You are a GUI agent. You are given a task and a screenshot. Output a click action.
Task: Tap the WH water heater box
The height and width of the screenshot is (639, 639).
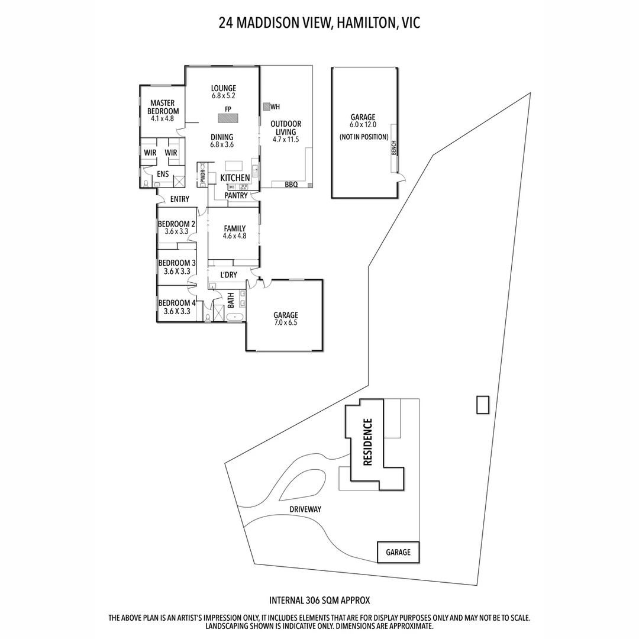267,107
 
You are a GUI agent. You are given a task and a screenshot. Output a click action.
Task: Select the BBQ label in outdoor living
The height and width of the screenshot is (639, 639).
291,185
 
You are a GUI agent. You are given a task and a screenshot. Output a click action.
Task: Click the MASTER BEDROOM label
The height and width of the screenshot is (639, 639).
163,107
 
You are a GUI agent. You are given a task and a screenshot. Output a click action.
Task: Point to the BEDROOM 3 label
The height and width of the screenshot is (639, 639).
177,263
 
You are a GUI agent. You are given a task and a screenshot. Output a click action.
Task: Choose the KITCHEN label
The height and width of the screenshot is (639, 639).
235,177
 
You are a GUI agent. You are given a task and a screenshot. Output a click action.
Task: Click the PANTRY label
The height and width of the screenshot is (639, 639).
235,195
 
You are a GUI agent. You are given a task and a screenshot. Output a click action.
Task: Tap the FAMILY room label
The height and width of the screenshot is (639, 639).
234,228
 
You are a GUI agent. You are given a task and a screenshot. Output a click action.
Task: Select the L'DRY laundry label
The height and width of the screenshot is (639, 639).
228,275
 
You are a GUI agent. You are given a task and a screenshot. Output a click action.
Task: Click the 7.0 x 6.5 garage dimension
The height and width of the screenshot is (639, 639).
285,323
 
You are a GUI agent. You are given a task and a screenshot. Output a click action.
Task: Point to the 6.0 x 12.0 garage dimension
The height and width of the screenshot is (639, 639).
363,125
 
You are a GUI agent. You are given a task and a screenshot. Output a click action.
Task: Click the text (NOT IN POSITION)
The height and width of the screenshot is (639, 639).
364,137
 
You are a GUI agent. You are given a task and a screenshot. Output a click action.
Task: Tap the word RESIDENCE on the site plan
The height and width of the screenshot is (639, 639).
367,443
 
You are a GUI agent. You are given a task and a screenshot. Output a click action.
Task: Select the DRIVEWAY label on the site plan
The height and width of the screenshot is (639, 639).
305,509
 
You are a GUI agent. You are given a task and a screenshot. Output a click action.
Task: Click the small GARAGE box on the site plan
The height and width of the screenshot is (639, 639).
398,552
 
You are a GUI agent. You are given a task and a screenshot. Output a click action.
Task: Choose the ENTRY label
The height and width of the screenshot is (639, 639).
180,199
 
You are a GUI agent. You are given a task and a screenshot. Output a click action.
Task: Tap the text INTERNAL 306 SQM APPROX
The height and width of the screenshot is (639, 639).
319,600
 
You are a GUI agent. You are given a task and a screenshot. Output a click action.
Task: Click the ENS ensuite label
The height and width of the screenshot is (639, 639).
163,174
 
